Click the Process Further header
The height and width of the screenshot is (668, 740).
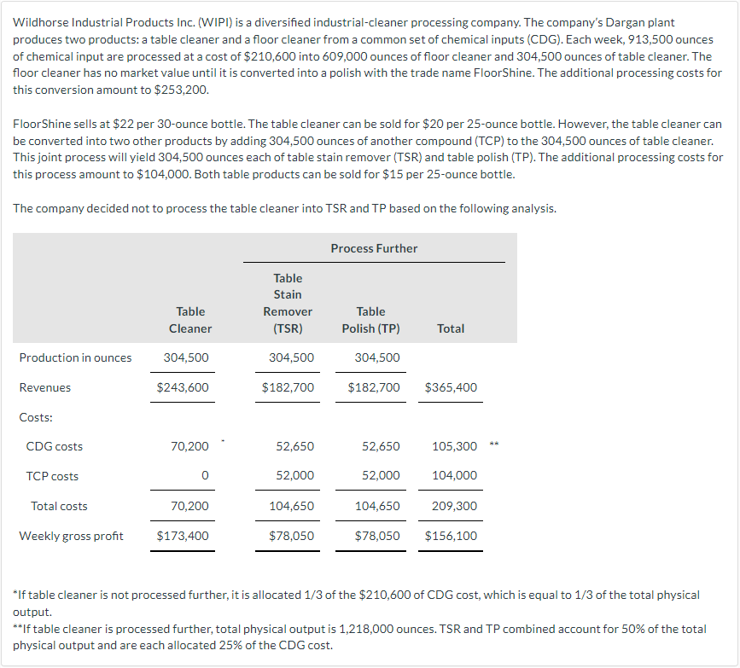374,248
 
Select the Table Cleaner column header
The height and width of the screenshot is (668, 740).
190,320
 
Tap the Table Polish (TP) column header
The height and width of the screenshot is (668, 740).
370,320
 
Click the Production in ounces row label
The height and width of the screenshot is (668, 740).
75,357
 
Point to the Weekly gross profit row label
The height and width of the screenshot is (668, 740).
71,536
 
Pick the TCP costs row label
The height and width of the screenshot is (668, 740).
52,476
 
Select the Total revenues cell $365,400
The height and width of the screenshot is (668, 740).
451,387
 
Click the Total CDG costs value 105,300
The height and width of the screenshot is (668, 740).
455,446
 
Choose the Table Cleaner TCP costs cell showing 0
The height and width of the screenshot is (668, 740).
205,476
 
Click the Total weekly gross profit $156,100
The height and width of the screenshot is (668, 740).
451,536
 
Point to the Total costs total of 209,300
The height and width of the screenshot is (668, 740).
455,506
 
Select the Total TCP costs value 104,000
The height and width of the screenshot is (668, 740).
455,476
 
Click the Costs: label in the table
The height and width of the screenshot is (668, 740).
36,417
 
